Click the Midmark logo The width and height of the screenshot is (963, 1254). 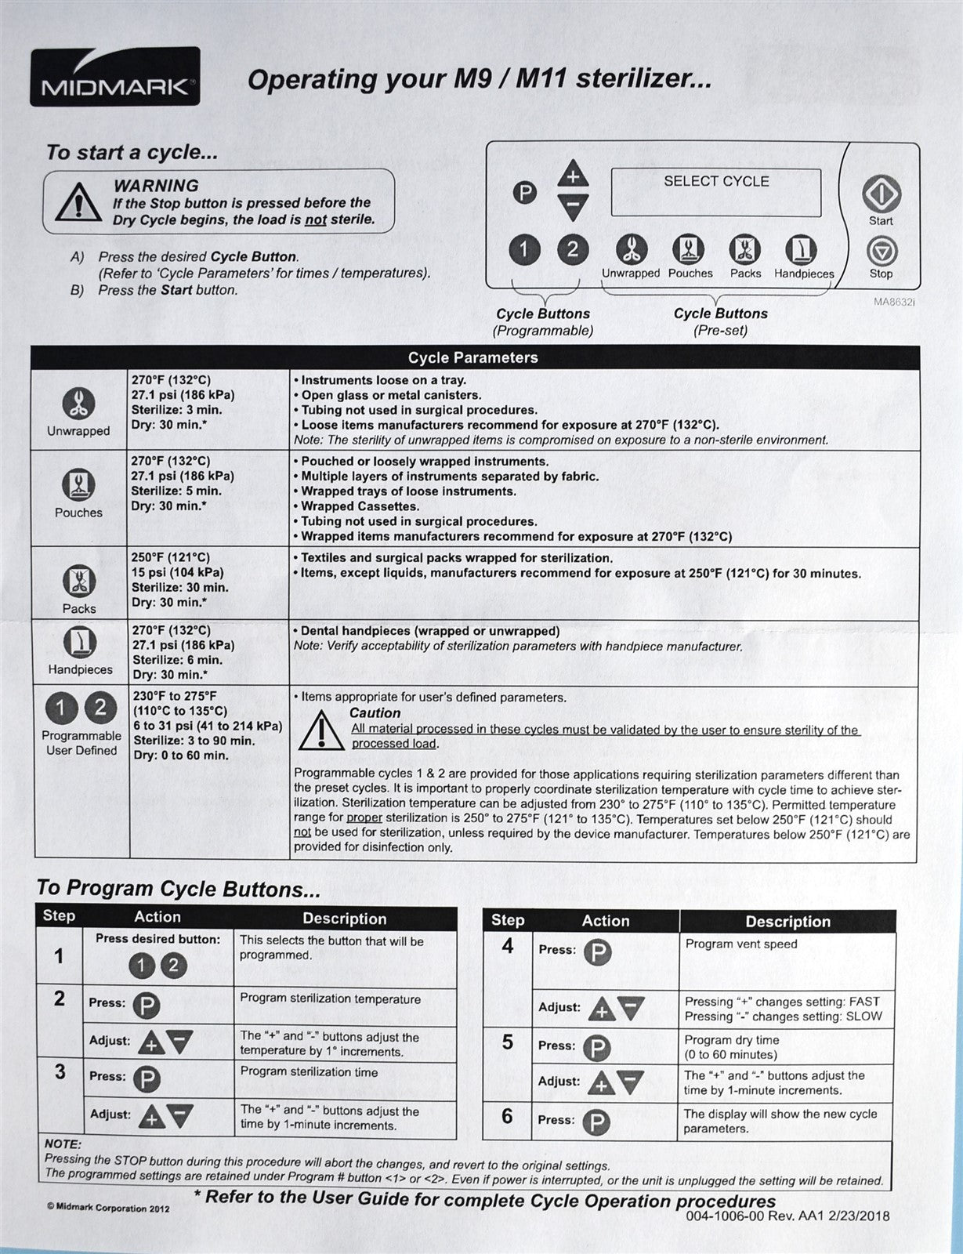pyautogui.click(x=114, y=77)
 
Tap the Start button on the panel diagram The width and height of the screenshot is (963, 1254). pyautogui.click(x=881, y=194)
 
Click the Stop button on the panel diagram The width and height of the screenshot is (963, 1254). pyautogui.click(x=882, y=251)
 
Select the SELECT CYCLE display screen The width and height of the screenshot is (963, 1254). pyautogui.click(x=715, y=192)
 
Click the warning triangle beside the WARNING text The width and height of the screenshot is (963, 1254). pyautogui.click(x=77, y=202)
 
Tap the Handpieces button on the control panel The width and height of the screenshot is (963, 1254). pyautogui.click(x=801, y=250)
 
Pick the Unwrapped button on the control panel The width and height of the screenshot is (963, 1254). pyautogui.click(x=631, y=250)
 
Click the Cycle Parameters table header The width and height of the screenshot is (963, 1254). pyautogui.click(x=473, y=357)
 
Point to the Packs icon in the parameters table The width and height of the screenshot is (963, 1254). pyautogui.click(x=79, y=581)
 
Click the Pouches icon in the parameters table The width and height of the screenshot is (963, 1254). pyautogui.click(x=78, y=484)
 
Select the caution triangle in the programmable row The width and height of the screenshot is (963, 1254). pyautogui.click(x=319, y=730)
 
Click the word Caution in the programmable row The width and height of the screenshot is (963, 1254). pyautogui.click(x=375, y=713)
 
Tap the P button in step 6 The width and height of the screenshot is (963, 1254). pyautogui.click(x=596, y=1122)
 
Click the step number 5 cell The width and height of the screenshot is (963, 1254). pyautogui.click(x=507, y=1042)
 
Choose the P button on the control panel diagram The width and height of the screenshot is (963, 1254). pyautogui.click(x=524, y=193)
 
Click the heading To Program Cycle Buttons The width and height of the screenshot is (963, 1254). pyautogui.click(x=179, y=889)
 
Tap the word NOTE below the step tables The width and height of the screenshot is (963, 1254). pyautogui.click(x=63, y=1144)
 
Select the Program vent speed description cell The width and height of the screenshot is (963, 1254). pyautogui.click(x=787, y=960)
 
